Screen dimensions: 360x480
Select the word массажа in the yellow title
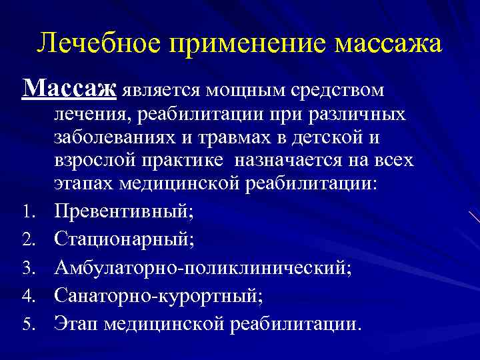pos(387,44)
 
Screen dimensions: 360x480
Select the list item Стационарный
pos(125,238)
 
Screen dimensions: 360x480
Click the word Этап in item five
pos(76,323)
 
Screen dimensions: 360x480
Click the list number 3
pos(28,268)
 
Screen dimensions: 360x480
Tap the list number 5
pos(28,324)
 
